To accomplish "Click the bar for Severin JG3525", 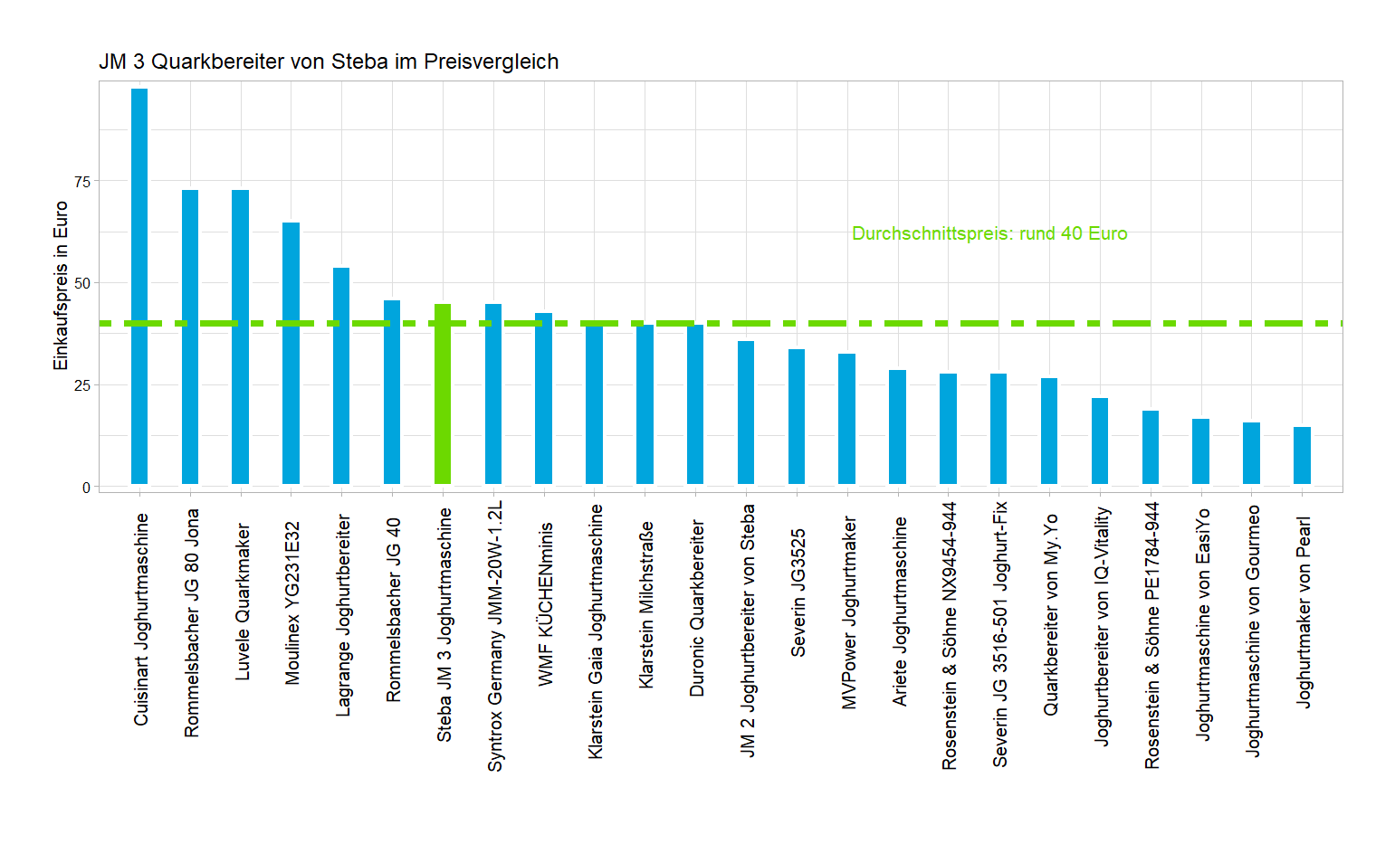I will coord(797,416).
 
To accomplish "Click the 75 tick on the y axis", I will coord(83,182).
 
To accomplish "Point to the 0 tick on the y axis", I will coord(87,488).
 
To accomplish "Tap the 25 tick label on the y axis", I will coord(83,385).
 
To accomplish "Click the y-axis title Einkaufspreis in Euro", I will coord(61,286).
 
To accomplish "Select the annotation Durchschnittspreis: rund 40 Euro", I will coord(989,233).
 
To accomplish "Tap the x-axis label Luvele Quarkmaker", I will coord(242,602).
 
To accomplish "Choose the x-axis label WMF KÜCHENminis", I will coord(545,603).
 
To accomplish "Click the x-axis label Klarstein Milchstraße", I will coord(645,604).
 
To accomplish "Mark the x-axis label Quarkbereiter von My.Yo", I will coord(1050,615).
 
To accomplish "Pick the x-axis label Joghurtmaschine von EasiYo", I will coord(1202,624).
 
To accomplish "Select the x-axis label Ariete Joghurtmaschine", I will coord(899,611).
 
